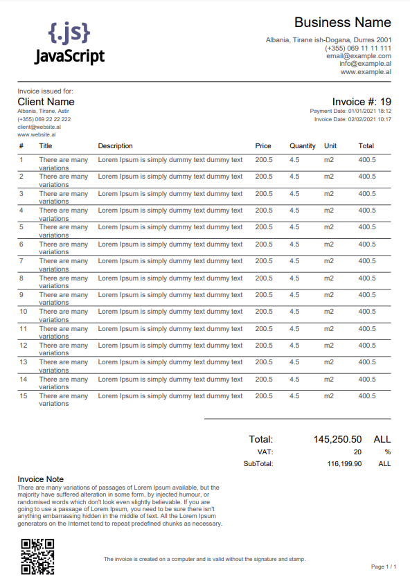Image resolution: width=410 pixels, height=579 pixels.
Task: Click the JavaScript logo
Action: click(x=69, y=43)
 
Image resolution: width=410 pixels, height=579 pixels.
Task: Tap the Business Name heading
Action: click(x=342, y=22)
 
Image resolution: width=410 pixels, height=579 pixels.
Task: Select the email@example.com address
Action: click(x=359, y=56)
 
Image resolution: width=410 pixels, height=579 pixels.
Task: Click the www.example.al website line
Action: click(x=366, y=71)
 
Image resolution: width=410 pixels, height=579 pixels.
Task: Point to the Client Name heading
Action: click(x=46, y=102)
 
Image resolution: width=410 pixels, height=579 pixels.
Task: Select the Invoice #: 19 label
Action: click(x=362, y=102)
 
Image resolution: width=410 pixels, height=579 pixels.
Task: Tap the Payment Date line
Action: click(x=350, y=111)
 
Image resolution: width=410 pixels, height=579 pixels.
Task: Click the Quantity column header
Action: click(x=303, y=146)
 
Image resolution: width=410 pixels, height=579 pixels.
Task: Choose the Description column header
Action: click(x=115, y=146)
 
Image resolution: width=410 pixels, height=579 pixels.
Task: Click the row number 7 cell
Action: click(x=21, y=261)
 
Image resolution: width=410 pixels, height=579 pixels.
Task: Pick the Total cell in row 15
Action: click(x=366, y=396)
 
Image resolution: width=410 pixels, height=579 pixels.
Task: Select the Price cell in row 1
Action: click(x=264, y=160)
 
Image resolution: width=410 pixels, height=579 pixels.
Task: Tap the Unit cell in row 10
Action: click(x=329, y=312)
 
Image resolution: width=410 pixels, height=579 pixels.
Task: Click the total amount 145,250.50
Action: click(x=337, y=439)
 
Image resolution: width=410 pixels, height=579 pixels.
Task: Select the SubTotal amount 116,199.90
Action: click(x=344, y=464)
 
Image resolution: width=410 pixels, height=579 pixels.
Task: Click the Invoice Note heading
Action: click(x=40, y=479)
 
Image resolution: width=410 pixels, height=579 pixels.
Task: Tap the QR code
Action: click(x=37, y=556)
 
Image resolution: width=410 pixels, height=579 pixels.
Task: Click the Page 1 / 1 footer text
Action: click(x=384, y=567)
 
